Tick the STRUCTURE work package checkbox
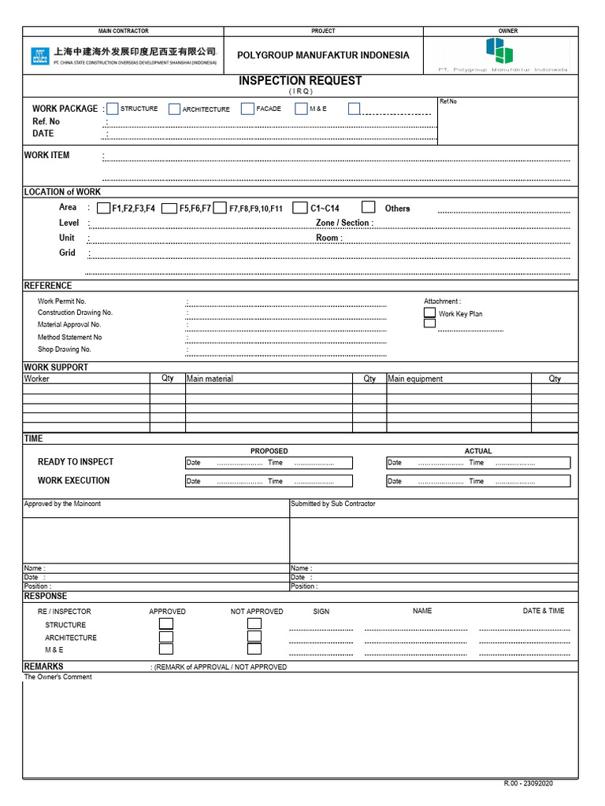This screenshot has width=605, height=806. point(113,109)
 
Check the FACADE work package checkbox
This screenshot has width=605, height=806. point(248,109)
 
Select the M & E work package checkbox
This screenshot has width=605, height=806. point(301,109)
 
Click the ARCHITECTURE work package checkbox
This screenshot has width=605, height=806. point(174,109)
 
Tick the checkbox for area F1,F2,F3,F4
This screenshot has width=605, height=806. point(104,208)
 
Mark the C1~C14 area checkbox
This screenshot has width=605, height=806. point(299,208)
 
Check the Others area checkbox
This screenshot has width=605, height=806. point(369,207)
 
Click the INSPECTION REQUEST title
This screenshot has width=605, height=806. point(300,80)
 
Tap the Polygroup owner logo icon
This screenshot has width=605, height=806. point(499,50)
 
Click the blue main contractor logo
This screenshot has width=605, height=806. point(39,56)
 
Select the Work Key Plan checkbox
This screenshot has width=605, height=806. point(429,312)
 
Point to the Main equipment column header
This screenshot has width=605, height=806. point(415,379)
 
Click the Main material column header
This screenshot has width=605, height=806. point(210,379)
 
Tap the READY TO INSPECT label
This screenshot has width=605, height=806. point(76,462)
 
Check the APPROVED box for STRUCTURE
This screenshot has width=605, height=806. point(166,624)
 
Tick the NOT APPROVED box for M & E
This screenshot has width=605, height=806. point(254,649)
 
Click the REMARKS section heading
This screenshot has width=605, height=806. point(43,667)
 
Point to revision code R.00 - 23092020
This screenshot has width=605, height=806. point(529,784)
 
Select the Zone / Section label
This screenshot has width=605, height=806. point(344,223)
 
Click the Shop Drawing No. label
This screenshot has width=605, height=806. point(65,349)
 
